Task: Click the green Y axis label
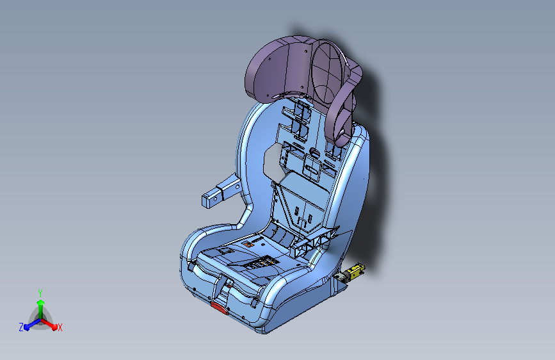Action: click(x=40, y=291)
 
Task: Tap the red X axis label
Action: click(x=60, y=328)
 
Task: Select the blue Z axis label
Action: click(x=21, y=327)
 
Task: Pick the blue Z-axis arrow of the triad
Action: click(x=29, y=325)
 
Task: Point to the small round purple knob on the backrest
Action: click(x=314, y=152)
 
